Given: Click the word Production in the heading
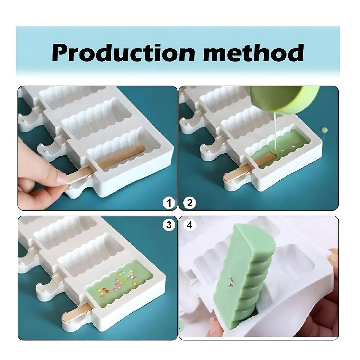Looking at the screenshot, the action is tap(124, 52).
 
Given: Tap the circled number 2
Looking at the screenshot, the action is tap(190, 203).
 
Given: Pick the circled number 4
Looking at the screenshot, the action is tap(190, 225).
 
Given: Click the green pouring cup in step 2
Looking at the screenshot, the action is tap(284, 101).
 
